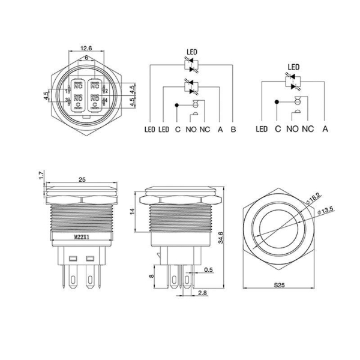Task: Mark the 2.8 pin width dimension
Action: click(x=202, y=292)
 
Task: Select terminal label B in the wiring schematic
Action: click(x=233, y=129)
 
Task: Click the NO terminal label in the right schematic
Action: click(x=292, y=129)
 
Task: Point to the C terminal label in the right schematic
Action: click(x=277, y=129)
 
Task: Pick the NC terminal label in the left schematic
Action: click(x=204, y=129)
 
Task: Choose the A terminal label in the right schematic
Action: click(x=325, y=129)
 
